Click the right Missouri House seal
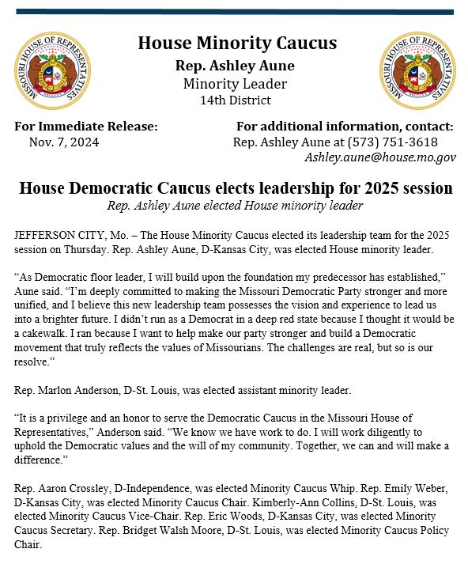coord(417,71)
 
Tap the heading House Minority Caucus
coord(237,44)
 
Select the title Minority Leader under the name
coord(235,84)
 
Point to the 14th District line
coord(236,100)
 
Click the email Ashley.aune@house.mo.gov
coord(380,157)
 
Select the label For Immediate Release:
coord(86,127)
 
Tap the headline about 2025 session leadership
coord(236,189)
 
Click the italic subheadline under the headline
coord(235,206)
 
